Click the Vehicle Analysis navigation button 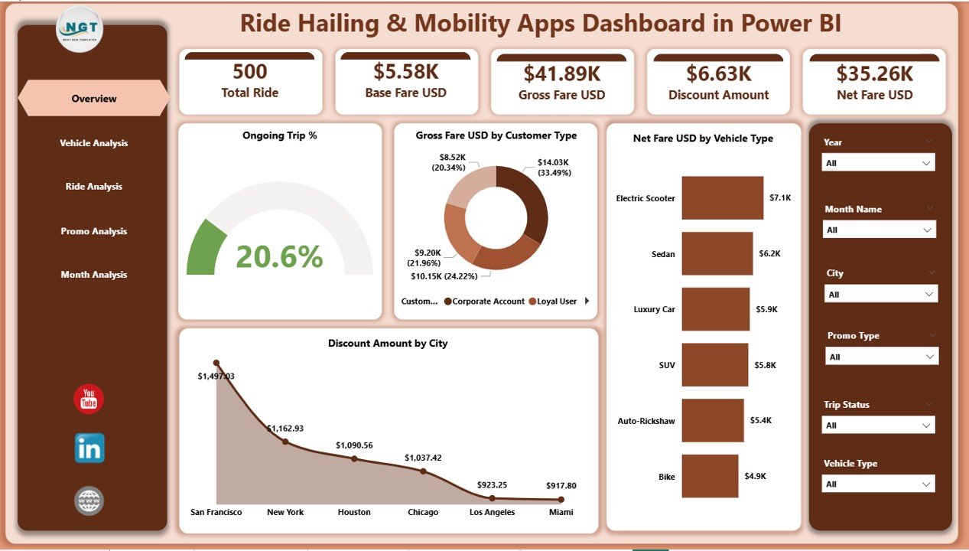tap(93, 143)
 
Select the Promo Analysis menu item tap(93, 231)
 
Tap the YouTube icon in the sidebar tap(89, 399)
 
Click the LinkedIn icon tap(89, 448)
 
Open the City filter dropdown tap(880, 295)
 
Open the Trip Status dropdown tap(879, 425)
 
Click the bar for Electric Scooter tap(722, 198)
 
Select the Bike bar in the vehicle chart tap(710, 476)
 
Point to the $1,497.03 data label tap(216, 376)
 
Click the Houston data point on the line tap(354, 458)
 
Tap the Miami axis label tap(561, 512)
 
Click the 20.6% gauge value tap(279, 257)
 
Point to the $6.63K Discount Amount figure tap(718, 73)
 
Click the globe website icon tap(89, 501)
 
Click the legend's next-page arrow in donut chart tap(587, 301)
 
